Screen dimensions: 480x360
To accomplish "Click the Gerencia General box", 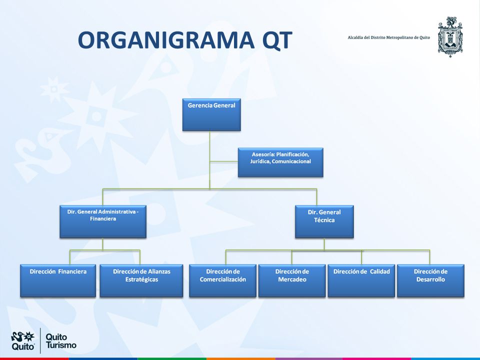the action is tap(211, 115).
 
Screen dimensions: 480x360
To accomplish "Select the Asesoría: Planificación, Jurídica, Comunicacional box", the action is tap(280, 162).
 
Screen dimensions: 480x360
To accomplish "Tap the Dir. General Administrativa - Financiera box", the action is tap(103, 221).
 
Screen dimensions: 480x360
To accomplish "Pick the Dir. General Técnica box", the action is tap(324, 221).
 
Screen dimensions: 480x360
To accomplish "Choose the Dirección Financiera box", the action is tap(58, 280).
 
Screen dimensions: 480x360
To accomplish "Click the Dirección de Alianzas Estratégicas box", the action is tap(141, 280).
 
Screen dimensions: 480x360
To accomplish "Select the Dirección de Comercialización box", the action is tap(222, 280).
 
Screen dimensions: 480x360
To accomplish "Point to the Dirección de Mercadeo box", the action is tap(292, 280).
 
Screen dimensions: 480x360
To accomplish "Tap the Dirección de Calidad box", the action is tap(361, 280).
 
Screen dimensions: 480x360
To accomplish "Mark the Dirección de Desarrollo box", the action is tap(430, 280).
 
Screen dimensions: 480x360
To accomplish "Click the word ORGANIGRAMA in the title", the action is tap(166, 40).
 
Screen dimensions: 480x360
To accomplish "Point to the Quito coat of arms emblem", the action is tap(450, 36).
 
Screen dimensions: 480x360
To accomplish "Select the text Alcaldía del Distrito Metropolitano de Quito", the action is tap(389, 37).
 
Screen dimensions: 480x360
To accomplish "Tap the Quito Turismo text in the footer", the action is tap(60, 341).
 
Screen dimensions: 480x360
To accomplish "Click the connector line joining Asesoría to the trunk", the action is tap(224, 161).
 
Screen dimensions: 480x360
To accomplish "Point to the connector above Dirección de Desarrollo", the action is tap(430, 257).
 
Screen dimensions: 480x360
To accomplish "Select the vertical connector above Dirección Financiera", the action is tap(70, 257).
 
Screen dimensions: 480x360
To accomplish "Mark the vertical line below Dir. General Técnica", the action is tap(324, 244).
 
